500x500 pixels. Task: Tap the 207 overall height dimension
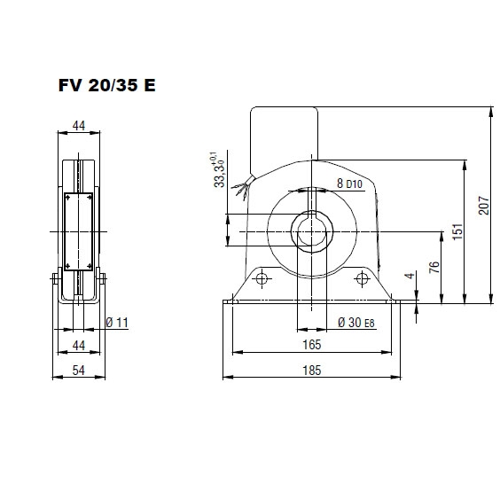(x=483, y=207)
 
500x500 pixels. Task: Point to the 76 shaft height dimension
(x=434, y=268)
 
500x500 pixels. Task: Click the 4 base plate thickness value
(x=409, y=277)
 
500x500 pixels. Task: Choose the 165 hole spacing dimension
(x=311, y=344)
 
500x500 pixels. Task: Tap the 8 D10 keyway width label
(x=348, y=184)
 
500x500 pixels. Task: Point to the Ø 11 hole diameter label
(x=117, y=323)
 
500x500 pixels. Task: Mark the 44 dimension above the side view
(x=78, y=126)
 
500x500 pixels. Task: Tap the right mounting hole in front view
(x=362, y=279)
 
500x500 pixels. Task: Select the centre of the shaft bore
(x=311, y=232)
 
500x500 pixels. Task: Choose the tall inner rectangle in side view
(x=78, y=232)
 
